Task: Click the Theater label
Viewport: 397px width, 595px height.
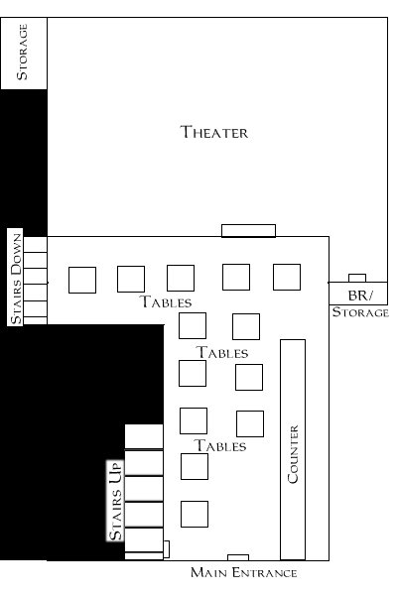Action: (x=214, y=132)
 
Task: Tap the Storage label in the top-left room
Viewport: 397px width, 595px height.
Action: (x=22, y=52)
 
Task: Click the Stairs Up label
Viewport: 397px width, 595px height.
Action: (x=116, y=500)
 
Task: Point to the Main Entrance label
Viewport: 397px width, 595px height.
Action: (x=243, y=572)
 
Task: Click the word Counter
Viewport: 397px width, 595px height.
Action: (x=293, y=454)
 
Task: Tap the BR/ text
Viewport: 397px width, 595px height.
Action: (x=360, y=296)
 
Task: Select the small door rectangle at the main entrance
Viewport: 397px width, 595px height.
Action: (x=238, y=557)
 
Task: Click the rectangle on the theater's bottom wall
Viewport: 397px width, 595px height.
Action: (x=248, y=231)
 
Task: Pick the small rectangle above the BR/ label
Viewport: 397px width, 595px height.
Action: (x=357, y=278)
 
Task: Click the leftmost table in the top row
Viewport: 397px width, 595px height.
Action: (x=82, y=280)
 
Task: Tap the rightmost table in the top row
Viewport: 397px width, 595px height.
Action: (x=287, y=277)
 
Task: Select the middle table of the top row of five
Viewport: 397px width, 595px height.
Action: (x=181, y=278)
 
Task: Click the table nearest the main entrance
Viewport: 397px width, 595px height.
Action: (x=195, y=514)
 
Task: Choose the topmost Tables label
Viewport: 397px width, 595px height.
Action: (x=166, y=302)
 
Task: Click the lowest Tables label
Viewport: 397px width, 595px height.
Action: (x=220, y=445)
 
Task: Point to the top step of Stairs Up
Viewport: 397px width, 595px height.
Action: (x=144, y=436)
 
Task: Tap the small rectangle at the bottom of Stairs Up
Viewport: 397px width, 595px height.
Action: (x=166, y=549)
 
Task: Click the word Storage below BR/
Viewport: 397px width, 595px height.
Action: (x=360, y=312)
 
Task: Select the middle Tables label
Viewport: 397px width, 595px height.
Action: (x=222, y=353)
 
